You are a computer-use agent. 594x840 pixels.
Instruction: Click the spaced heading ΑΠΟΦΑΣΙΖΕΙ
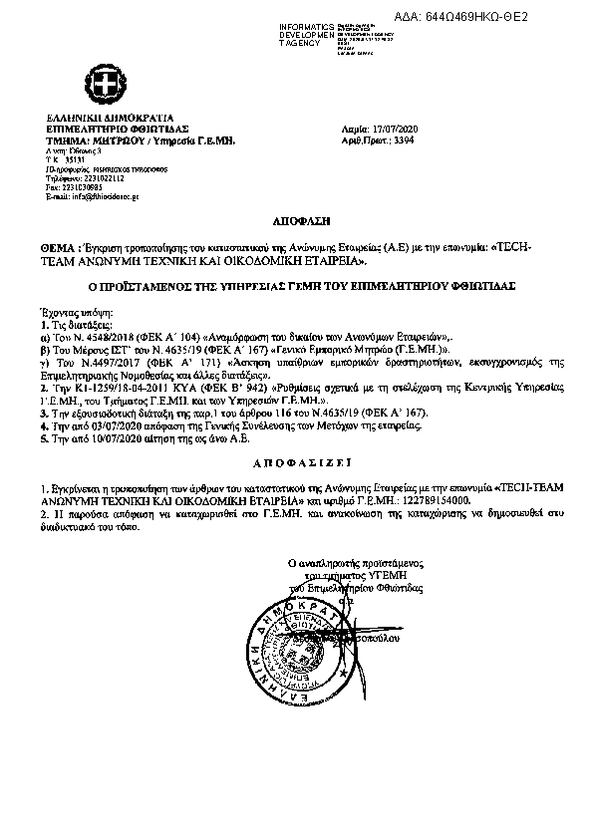point(296,462)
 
